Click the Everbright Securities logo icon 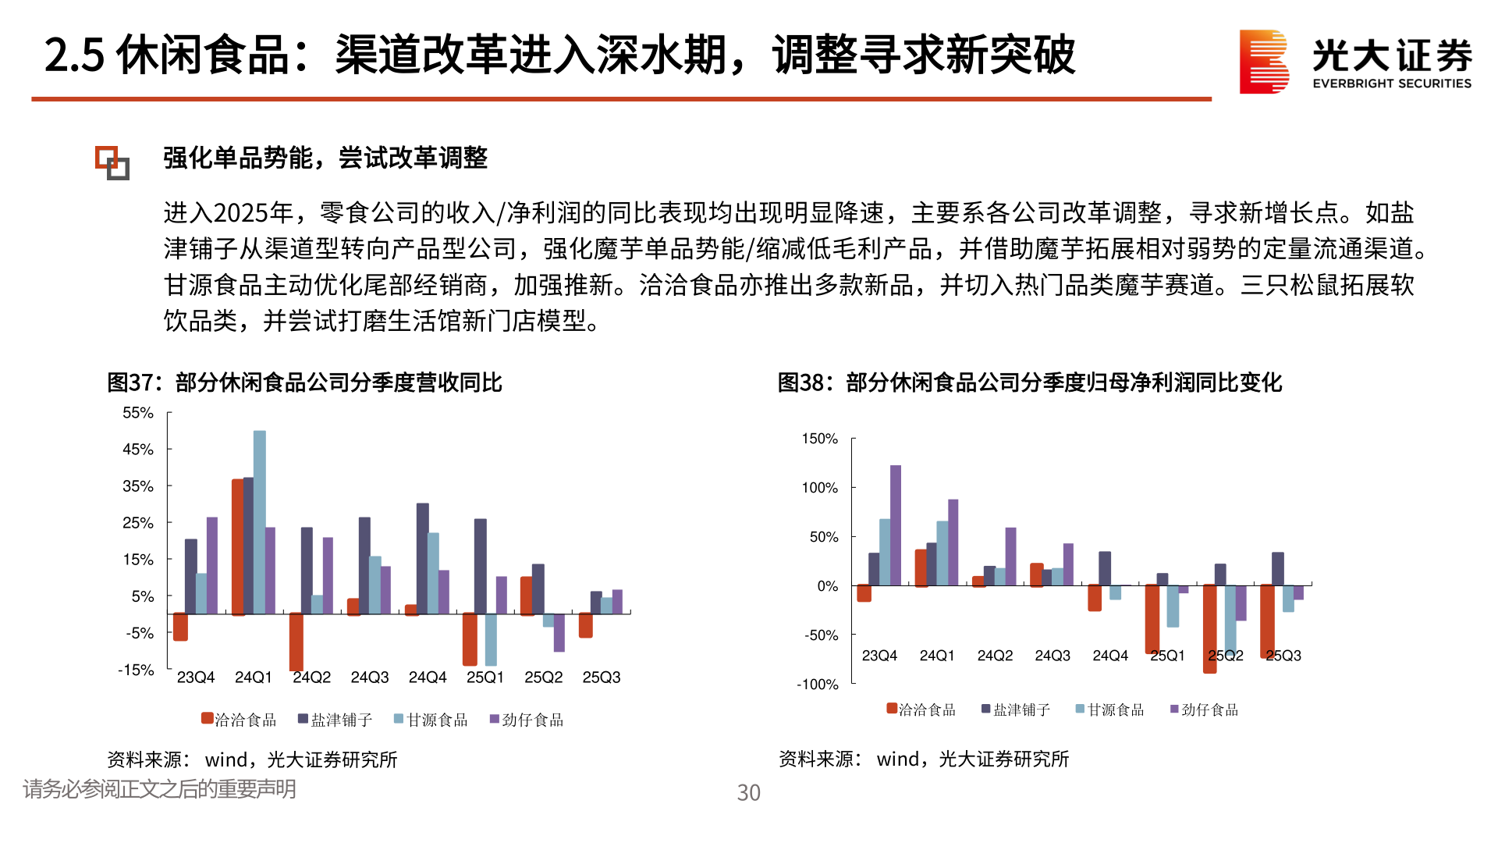point(1264,62)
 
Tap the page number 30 point(748,793)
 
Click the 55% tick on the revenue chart point(138,413)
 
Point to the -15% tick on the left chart point(136,670)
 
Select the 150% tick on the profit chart point(819,439)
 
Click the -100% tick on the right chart point(817,685)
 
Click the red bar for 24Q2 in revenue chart point(296,642)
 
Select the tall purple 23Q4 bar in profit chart point(896,525)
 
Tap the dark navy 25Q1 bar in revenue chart point(481,566)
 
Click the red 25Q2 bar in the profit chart point(1210,628)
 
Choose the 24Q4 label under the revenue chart point(428,678)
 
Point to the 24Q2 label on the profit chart point(995,656)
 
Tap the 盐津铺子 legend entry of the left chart point(335,720)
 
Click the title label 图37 point(130,382)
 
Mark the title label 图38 point(800,382)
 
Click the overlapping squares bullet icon point(112,162)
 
